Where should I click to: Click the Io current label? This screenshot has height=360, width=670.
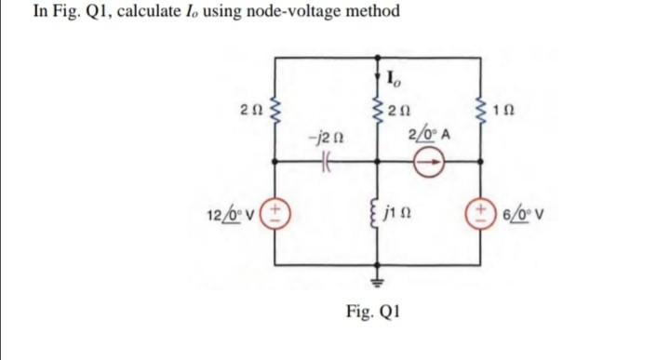pyautogui.click(x=394, y=78)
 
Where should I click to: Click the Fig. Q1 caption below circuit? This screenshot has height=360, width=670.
pyautogui.click(x=378, y=312)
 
